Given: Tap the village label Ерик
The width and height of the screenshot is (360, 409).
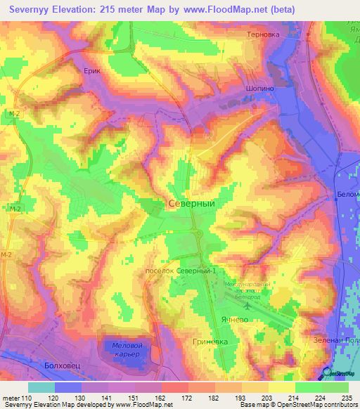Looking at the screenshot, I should point(93,72).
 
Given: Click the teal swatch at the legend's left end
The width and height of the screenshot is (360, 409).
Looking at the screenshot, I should point(41,387).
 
